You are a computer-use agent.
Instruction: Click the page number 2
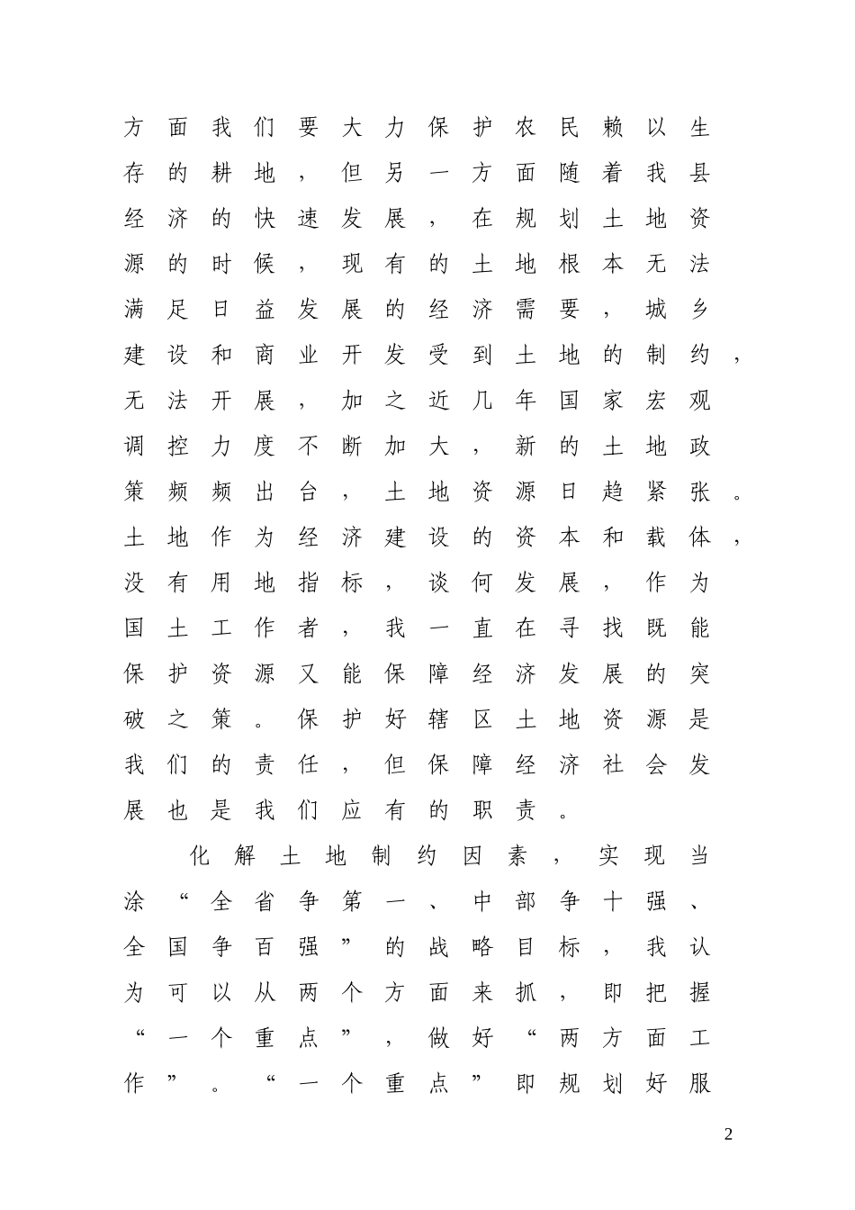click(729, 1134)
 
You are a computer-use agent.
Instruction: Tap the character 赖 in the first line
click(613, 128)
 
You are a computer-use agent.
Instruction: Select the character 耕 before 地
click(221, 174)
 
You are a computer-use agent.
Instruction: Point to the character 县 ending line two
click(699, 174)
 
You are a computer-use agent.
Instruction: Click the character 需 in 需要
click(526, 311)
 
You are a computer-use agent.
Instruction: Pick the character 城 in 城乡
click(656, 311)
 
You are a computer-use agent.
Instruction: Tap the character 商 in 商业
click(265, 356)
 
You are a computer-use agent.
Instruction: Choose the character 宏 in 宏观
click(656, 402)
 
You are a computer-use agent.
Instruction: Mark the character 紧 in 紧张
click(656, 492)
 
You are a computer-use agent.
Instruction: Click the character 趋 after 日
click(613, 492)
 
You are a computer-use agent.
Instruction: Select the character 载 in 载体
click(656, 537)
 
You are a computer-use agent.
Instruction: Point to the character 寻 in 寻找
click(569, 628)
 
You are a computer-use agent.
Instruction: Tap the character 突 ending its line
click(699, 674)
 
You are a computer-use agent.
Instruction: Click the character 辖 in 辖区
click(439, 720)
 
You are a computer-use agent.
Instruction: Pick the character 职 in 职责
click(482, 811)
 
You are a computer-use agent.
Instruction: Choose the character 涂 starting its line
click(134, 902)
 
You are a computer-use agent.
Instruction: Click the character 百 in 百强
click(265, 947)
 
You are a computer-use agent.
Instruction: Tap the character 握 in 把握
click(699, 993)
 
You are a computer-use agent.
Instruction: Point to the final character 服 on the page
click(699, 1084)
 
